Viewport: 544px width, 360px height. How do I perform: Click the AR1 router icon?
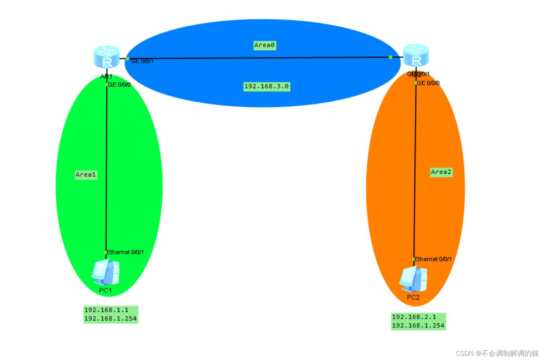[x=106, y=57]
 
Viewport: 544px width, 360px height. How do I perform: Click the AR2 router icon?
[x=416, y=56]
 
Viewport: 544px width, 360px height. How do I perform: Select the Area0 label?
[x=264, y=45]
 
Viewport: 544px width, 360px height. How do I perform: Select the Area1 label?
[x=86, y=174]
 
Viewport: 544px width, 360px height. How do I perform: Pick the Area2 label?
[x=441, y=172]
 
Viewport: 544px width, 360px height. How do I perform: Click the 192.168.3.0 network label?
[x=266, y=86]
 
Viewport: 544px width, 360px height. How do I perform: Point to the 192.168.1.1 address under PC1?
[x=106, y=310]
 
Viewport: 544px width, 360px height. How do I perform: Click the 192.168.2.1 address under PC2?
[x=414, y=317]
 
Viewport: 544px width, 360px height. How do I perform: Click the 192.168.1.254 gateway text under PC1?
[x=110, y=319]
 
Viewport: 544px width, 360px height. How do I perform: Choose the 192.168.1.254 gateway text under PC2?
[x=418, y=325]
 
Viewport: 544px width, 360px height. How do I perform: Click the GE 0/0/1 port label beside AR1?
[x=142, y=61]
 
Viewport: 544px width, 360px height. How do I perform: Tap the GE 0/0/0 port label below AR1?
[x=119, y=85]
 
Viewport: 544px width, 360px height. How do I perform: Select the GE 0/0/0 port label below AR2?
[x=428, y=83]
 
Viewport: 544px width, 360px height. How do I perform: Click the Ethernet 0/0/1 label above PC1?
[x=125, y=252]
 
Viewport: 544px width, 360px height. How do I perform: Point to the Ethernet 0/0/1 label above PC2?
[x=433, y=259]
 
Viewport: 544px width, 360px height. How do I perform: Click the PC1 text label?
[x=105, y=290]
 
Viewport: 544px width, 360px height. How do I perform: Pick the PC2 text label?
[x=413, y=298]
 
